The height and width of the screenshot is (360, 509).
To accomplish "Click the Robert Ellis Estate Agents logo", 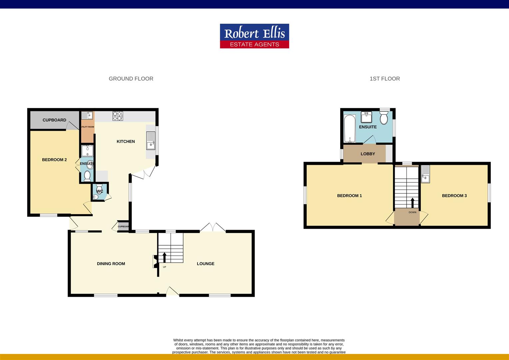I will (254, 36).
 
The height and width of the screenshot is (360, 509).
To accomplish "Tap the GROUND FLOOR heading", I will (131, 79).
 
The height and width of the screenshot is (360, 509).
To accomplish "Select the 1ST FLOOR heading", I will (384, 79).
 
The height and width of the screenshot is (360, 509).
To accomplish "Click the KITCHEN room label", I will (126, 141).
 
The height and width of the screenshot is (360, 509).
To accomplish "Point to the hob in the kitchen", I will (118, 116).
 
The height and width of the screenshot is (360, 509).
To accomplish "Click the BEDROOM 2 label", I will (54, 160).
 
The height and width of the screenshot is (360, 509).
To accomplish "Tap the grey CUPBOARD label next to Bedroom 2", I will (54, 120).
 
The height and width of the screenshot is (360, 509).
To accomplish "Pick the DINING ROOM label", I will (111, 264).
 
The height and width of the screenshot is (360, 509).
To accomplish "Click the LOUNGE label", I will (205, 264).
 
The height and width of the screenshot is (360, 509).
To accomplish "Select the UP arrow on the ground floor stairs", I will (164, 257).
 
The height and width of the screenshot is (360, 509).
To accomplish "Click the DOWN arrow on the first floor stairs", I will (412, 203).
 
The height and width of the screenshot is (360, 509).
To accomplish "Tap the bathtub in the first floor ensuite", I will (350, 128).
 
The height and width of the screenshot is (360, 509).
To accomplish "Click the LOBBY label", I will (368, 154).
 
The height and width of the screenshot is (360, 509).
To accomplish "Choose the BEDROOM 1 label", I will (349, 196).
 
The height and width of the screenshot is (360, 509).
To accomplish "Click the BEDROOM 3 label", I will (454, 196).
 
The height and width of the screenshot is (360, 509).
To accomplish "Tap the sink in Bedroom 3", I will (425, 174).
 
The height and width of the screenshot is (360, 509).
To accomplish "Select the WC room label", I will (100, 191).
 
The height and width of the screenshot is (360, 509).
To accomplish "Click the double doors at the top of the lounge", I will (213, 228).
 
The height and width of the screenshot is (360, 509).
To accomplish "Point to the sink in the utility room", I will (87, 116).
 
